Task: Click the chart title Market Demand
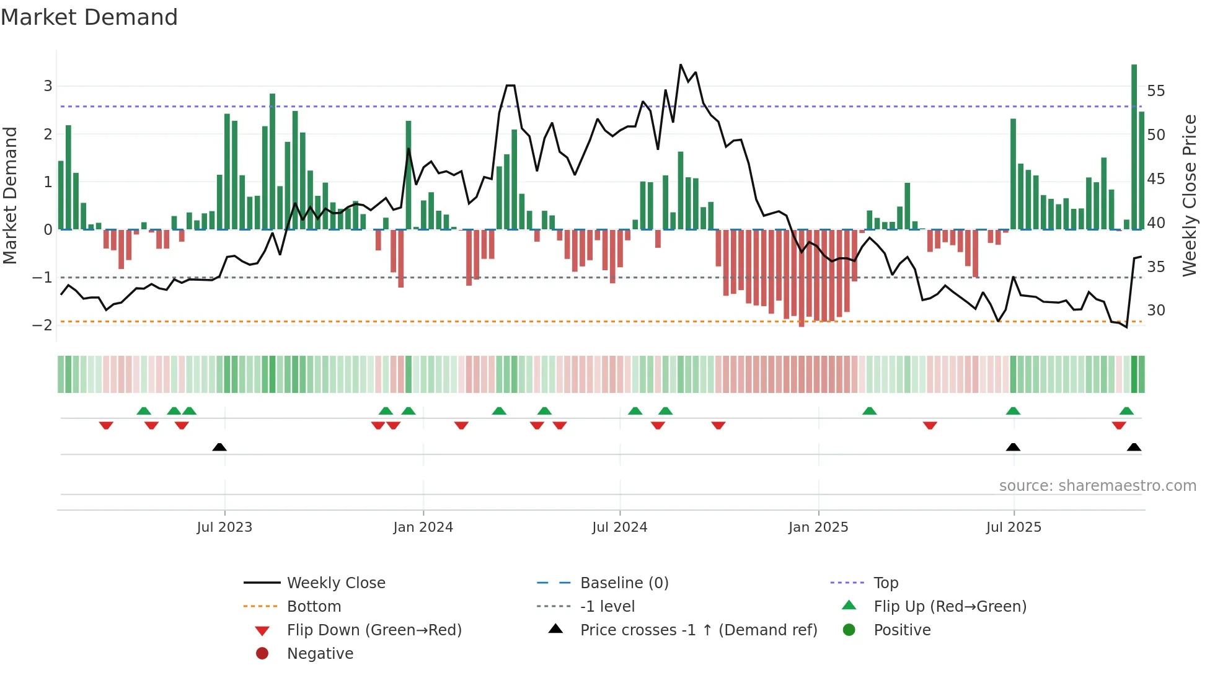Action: [x=89, y=17]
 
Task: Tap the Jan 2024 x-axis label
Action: [x=423, y=527]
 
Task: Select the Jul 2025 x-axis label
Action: [x=1014, y=527]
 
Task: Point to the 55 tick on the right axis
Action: [x=1155, y=91]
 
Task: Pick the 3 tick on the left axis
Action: [x=48, y=86]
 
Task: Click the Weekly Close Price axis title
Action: [x=1189, y=195]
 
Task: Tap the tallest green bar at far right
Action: [x=1134, y=146]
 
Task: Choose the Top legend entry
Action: [x=885, y=583]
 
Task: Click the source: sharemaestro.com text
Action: [x=1097, y=485]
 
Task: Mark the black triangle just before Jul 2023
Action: [x=219, y=447]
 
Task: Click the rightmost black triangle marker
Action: [x=1134, y=447]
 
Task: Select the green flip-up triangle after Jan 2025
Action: [x=869, y=411]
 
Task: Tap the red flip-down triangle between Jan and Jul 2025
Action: [x=929, y=425]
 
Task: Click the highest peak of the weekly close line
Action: [x=681, y=65]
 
